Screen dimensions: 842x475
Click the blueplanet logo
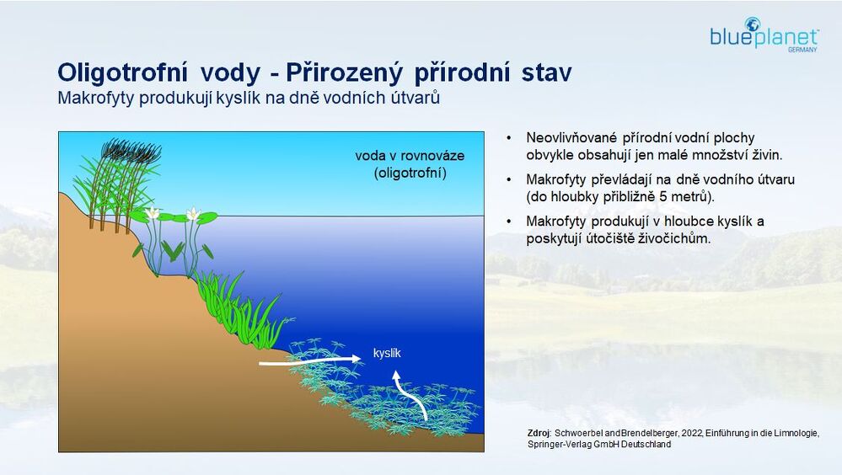(x=764, y=35)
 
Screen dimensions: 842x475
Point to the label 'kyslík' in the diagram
(x=387, y=353)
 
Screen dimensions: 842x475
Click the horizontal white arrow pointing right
(x=310, y=360)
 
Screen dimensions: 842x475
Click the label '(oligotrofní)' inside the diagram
(x=410, y=173)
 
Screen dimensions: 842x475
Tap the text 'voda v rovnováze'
(x=410, y=156)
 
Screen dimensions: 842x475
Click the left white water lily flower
(x=153, y=213)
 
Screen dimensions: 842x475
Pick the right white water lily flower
(x=193, y=214)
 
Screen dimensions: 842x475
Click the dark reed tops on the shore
(x=131, y=151)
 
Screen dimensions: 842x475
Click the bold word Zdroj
(x=539, y=433)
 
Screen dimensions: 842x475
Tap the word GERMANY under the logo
(x=802, y=50)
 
